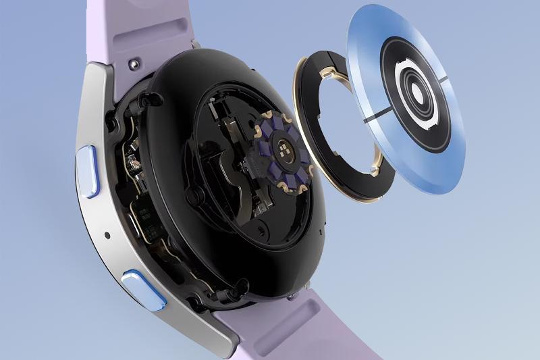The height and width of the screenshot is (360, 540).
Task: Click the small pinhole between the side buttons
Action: (108, 236)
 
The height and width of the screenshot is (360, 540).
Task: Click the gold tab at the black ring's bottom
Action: (375, 162)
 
